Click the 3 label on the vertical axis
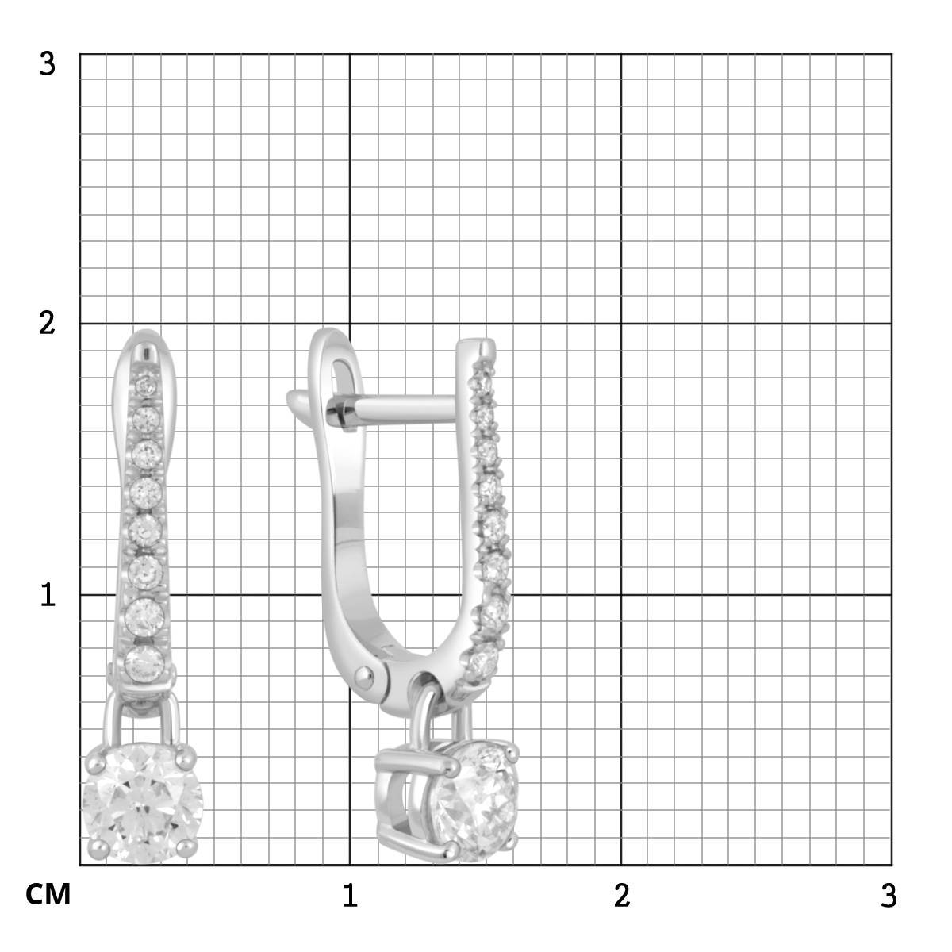[48, 64]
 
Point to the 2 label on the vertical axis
[47, 324]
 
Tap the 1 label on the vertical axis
[48, 594]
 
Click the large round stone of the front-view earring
[142, 804]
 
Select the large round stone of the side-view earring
[475, 801]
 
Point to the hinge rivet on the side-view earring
[365, 677]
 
